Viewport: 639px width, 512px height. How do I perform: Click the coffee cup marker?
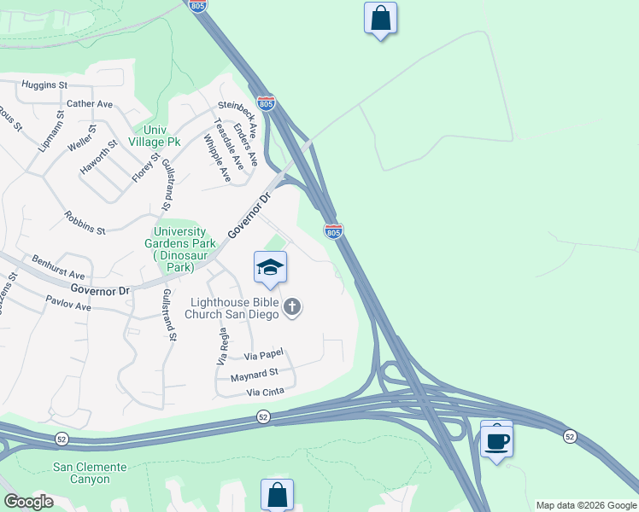[496, 440]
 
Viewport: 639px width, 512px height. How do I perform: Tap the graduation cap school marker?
[270, 268]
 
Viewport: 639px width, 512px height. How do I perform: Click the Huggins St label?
[44, 85]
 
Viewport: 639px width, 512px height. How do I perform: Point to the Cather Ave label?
[90, 104]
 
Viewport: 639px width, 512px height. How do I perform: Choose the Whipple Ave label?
[218, 157]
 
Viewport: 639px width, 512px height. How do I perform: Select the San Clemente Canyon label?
[90, 473]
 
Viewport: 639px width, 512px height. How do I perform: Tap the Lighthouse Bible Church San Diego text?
[234, 307]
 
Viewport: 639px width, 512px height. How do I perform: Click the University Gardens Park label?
[179, 249]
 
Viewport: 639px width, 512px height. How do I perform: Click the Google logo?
[27, 502]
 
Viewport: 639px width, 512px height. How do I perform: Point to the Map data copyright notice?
[585, 505]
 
